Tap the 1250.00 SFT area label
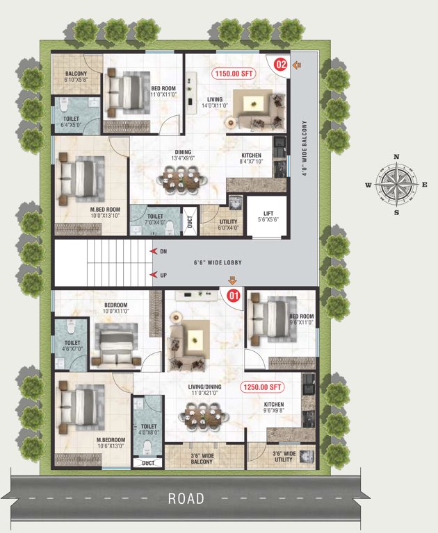coord(263,387)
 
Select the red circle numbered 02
coord(280,65)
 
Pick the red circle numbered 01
coord(234,295)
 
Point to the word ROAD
coord(186,498)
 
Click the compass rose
coord(396,185)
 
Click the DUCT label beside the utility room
coord(189,222)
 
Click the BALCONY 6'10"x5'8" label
coord(76,76)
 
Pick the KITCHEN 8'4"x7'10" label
coord(251,158)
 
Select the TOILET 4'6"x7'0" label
coord(72,346)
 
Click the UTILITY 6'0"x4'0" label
coord(228,224)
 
